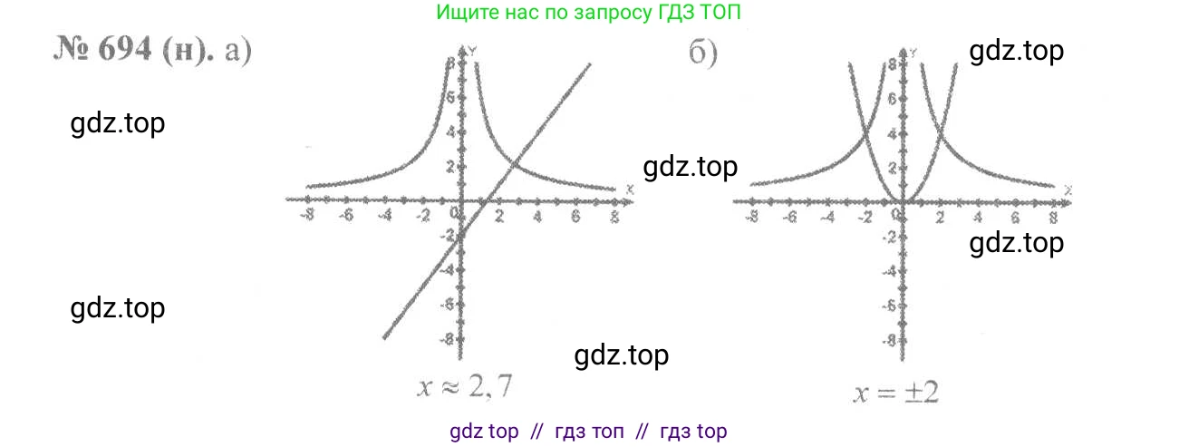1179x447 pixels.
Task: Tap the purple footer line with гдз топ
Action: point(588,432)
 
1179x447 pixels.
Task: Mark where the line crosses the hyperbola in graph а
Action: point(513,164)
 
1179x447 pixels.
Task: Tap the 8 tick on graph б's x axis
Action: point(1052,218)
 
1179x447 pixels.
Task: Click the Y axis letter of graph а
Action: point(473,54)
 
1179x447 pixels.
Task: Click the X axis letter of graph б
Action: point(1069,190)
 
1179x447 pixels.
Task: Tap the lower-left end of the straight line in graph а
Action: point(385,337)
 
